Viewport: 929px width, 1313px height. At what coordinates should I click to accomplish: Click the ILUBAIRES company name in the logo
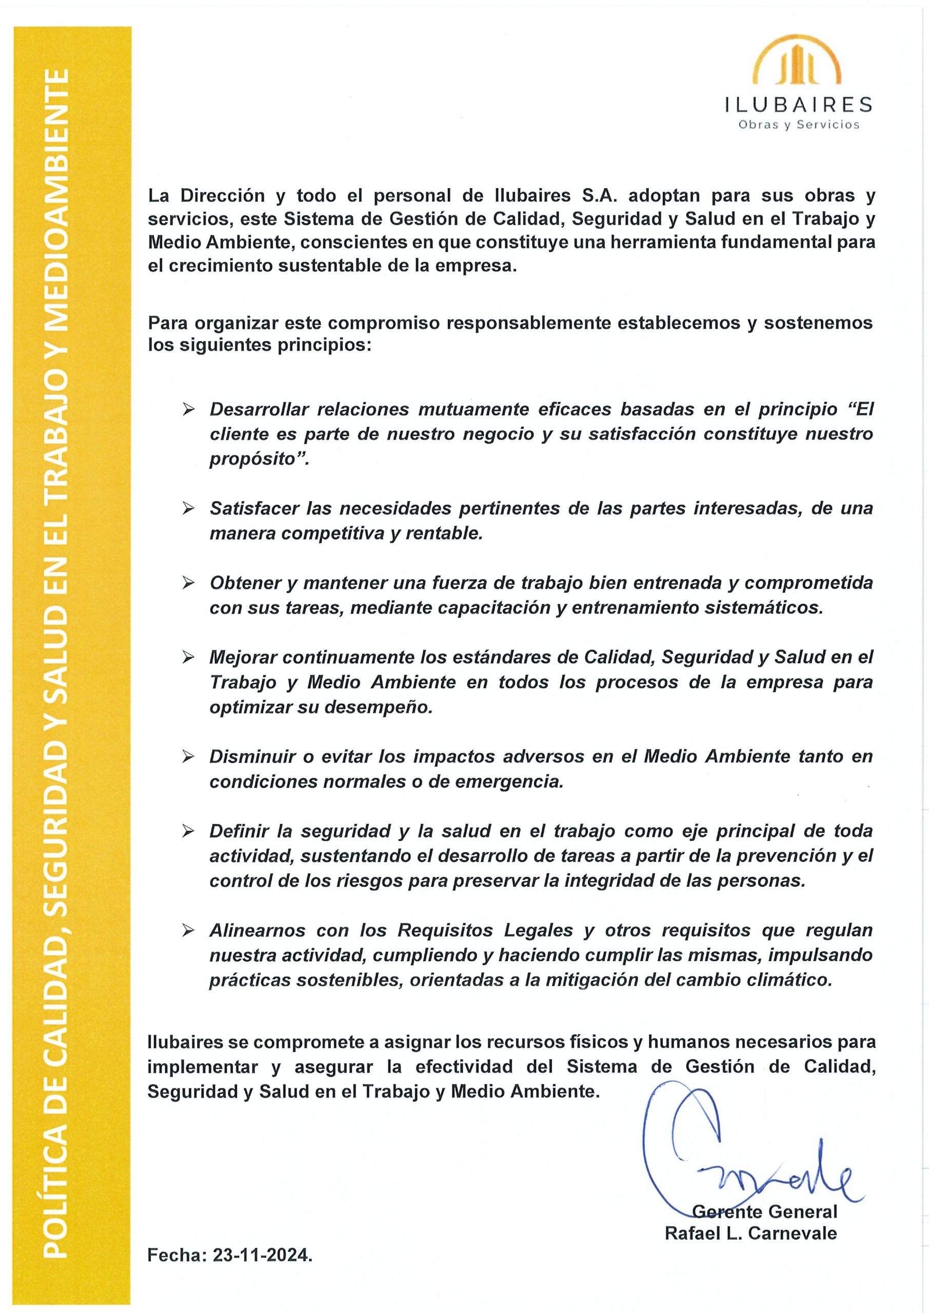[x=799, y=104]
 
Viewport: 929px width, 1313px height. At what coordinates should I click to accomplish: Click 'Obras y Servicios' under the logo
[x=799, y=124]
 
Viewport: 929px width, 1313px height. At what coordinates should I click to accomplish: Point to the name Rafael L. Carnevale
[x=750, y=1233]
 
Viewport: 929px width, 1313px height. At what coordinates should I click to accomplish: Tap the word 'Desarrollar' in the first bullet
[x=259, y=409]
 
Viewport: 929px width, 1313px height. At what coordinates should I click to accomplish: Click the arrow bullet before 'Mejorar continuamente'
[x=188, y=658]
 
